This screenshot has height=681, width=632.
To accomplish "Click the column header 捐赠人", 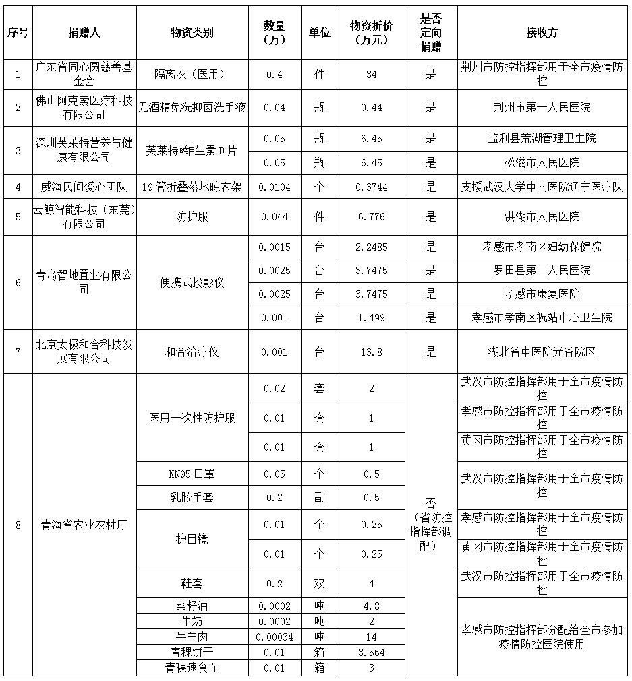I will coord(84,33).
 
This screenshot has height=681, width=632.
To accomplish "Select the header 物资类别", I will coord(192,33).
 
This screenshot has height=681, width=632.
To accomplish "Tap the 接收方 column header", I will coord(542,33).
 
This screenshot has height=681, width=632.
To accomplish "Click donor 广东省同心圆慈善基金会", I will coord(84,74).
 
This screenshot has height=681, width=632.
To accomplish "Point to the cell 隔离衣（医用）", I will coord(192,74).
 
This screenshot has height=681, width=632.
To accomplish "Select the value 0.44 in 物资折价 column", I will coord(371,108).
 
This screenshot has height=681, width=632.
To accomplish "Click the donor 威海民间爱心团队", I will coord(84,187).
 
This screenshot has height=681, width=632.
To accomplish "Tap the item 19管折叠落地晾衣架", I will coord(192,187).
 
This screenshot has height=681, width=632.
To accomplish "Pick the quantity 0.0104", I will coord(275,187).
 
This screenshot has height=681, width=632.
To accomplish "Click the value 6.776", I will coord(371,217).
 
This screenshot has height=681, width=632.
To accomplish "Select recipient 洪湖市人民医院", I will coord(542,217).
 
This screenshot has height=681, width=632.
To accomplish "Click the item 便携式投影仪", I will coord(192,282).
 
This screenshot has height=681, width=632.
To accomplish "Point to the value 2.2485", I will coord(371,247).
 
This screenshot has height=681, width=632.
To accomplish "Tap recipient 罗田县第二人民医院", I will coord(542,270).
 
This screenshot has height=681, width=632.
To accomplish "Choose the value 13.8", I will coord(371,352).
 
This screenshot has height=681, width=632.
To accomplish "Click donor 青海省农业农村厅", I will coord(84,525).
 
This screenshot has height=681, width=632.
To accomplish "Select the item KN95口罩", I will coord(192,474).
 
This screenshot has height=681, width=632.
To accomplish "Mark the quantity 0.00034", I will coord(275,637).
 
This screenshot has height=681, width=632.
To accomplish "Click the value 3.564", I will coord(371,652).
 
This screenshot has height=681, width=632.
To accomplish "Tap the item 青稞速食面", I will coord(192,668).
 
